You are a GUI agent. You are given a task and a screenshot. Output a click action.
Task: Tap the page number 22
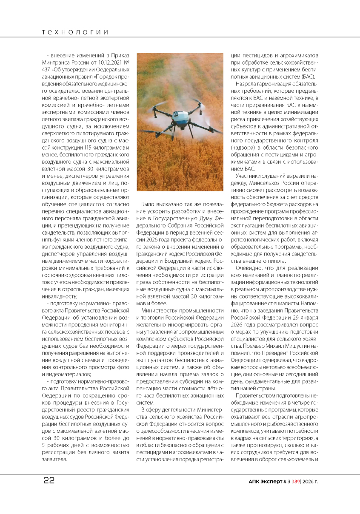49,480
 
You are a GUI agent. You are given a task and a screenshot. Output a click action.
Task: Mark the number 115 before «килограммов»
90,148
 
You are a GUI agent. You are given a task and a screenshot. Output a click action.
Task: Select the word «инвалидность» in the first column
60,296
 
